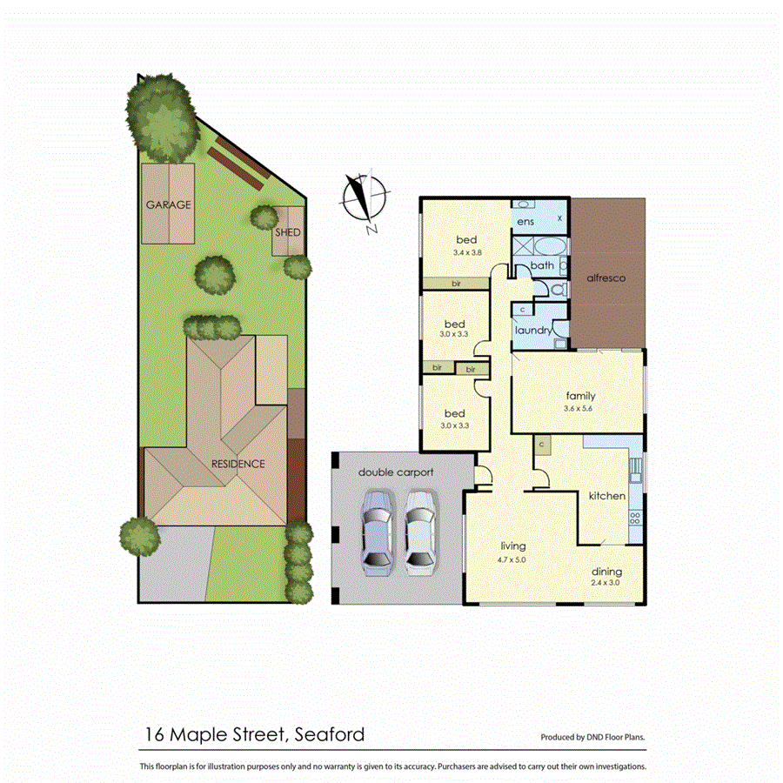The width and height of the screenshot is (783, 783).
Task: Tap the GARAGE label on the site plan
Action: pos(168,205)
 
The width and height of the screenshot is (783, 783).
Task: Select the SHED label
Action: pos(288,233)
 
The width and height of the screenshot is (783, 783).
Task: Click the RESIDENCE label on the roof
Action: pos(238,464)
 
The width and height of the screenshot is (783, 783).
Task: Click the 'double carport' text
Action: pos(396,472)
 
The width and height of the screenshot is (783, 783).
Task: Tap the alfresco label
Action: pos(607,278)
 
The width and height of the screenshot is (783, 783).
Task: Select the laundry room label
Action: pos(533,331)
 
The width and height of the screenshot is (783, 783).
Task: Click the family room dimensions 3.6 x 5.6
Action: pos(579,409)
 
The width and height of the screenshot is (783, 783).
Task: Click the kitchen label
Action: pos(606,496)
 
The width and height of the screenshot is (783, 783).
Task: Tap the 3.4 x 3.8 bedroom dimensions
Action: pos(467,252)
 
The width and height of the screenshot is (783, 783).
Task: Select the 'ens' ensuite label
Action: pos(525,223)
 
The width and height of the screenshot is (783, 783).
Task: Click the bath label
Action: pos(542,265)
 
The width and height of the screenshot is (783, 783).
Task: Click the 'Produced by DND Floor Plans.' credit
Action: pos(593,738)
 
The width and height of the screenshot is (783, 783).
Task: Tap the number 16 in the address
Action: pos(152,735)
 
